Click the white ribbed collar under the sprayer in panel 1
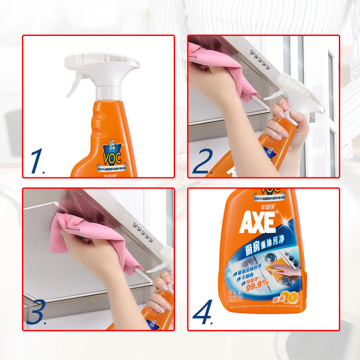coord(107,93)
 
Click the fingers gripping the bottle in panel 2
coord(281,121)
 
